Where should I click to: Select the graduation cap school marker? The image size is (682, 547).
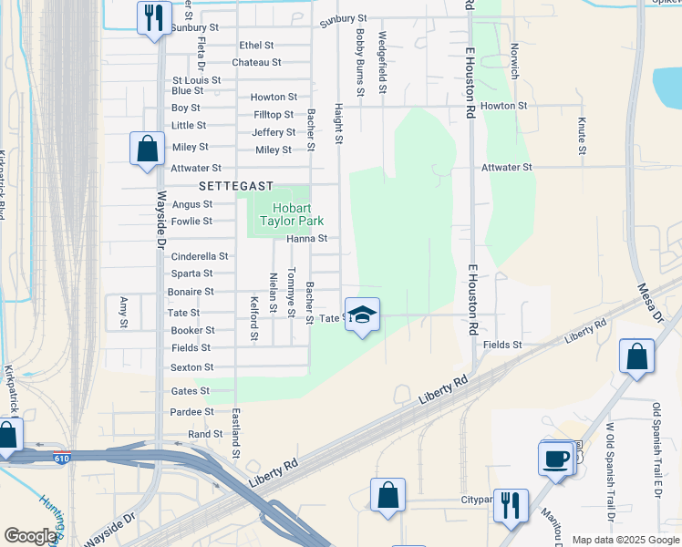(362, 315)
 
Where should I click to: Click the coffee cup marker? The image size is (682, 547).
(555, 459)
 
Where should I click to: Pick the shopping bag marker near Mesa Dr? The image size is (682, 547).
(636, 357)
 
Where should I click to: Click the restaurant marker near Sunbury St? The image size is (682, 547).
(153, 17)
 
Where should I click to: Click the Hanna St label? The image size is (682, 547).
(306, 239)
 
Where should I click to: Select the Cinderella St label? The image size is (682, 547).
(200, 257)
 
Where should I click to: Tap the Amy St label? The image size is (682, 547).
(124, 312)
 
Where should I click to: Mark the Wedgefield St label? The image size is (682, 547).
(383, 63)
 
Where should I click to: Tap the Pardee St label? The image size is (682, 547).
(192, 412)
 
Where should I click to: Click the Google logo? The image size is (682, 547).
(30, 537)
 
